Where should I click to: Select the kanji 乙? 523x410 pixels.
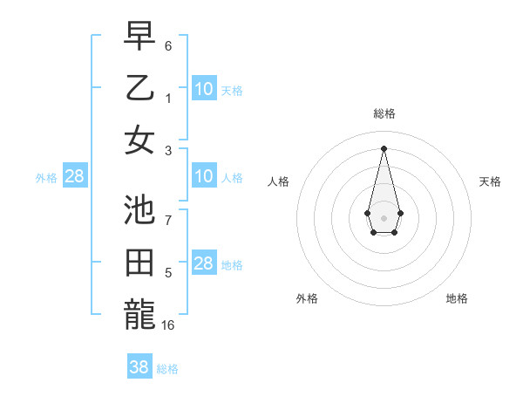(x=139, y=89)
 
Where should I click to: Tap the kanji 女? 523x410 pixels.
(x=139, y=139)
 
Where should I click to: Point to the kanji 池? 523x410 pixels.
(x=139, y=211)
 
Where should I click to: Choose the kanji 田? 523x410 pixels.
(x=139, y=263)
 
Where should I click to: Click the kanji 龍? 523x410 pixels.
(x=139, y=313)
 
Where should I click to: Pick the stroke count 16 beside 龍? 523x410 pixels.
(x=169, y=325)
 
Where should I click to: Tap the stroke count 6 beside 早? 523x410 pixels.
(x=169, y=44)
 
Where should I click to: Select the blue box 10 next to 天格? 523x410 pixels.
(x=204, y=88)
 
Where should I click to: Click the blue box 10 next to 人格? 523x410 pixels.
(x=204, y=176)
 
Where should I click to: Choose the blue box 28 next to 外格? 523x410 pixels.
(x=75, y=176)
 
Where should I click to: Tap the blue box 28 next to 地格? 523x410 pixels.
(x=204, y=263)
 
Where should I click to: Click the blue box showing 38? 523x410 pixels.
(x=139, y=367)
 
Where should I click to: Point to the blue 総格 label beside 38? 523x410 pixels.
(x=167, y=369)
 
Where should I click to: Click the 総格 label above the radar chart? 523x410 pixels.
(x=384, y=113)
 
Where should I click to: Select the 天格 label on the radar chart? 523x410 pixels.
(x=490, y=181)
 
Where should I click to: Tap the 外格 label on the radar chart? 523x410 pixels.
(x=307, y=298)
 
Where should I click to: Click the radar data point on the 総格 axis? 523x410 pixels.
(x=384, y=147)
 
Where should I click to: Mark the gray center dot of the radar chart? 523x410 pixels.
(x=384, y=216)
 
